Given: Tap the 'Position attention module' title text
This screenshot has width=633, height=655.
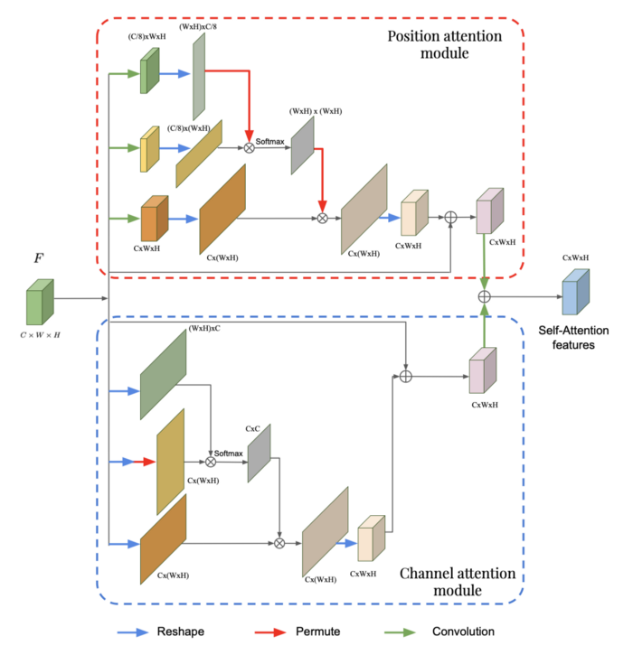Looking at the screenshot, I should coord(443,44).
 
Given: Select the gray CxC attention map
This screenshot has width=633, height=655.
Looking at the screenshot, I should coord(259,452).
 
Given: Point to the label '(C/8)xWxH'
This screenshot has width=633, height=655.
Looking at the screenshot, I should coord(144,38).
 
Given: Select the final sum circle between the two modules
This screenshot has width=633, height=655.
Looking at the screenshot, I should coord(484,295).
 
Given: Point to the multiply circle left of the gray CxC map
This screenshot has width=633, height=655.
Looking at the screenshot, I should coord(211,461).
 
